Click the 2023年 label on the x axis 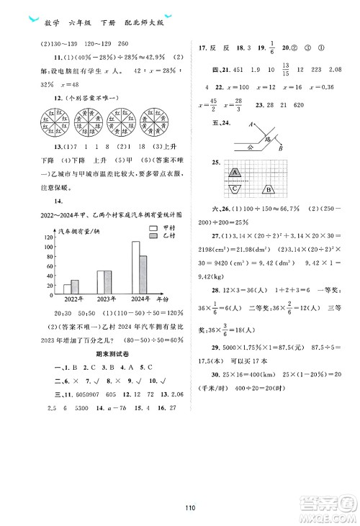tap(104, 299)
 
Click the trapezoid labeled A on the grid tap(236, 173)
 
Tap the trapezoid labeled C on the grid tap(236, 189)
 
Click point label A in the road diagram tap(248, 125)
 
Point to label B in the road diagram tap(282, 148)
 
